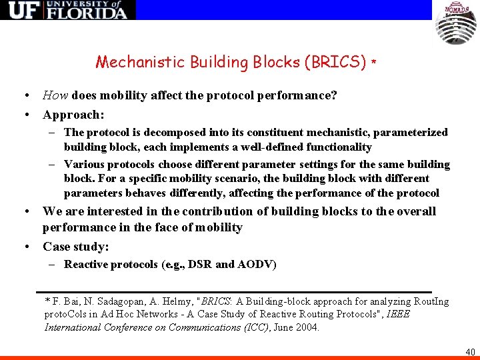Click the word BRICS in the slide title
tap(335, 63)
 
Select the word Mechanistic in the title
tap(141, 63)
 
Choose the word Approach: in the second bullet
tap(73, 115)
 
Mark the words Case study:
tap(75, 247)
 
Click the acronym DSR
tap(201, 265)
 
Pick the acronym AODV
tap(257, 265)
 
